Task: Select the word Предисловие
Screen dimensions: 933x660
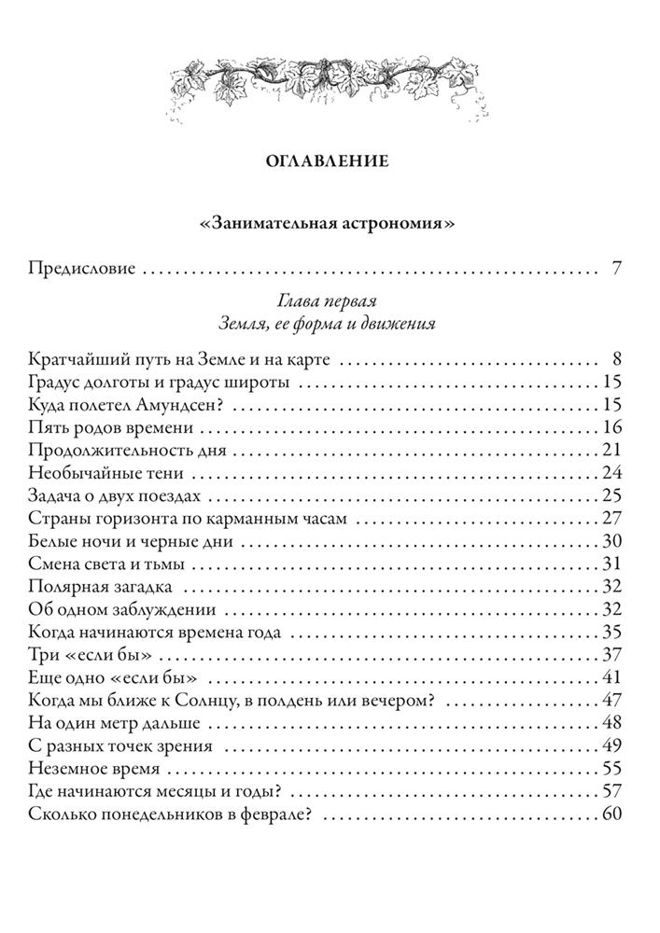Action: [x=83, y=269]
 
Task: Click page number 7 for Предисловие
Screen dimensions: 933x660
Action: [x=617, y=269]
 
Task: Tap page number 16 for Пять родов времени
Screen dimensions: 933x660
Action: [x=611, y=428]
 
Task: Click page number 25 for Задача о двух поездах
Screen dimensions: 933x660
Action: [x=611, y=495]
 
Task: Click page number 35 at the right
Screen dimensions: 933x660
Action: [x=611, y=632]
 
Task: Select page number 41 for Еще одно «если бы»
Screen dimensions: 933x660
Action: [x=611, y=676]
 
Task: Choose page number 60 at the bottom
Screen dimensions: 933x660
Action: [x=611, y=814]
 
